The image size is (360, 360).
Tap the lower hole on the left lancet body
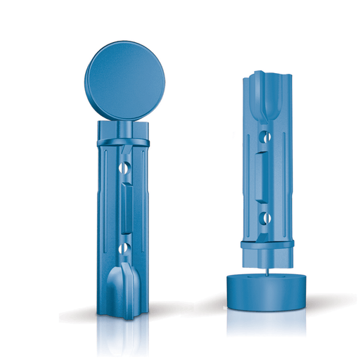[x=124, y=247]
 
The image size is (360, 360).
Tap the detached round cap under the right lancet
[x=266, y=291]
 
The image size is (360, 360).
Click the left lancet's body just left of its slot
[x=112, y=207]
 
